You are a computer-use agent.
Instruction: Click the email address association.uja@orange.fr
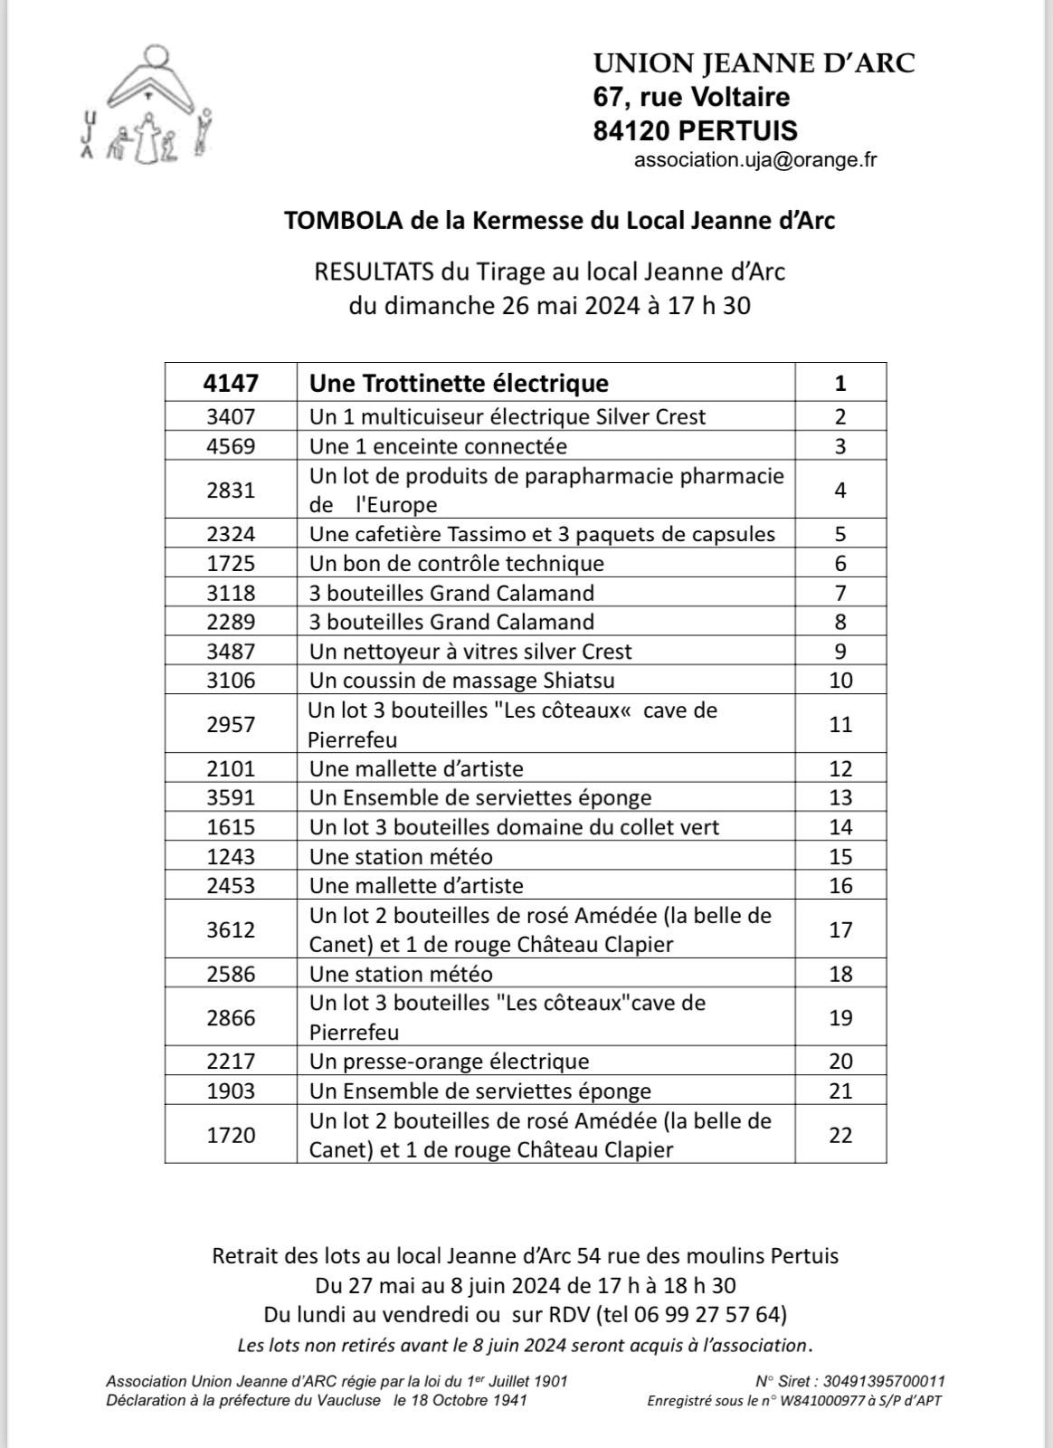click(755, 160)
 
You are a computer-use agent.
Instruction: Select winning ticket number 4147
click(231, 383)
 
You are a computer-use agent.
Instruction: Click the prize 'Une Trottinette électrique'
click(459, 383)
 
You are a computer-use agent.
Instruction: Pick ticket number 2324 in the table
click(231, 534)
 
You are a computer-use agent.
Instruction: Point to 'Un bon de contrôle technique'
click(456, 563)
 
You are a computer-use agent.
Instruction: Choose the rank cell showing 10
click(840, 681)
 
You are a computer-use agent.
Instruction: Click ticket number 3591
click(231, 797)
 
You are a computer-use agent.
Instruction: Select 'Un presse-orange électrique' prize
click(449, 1061)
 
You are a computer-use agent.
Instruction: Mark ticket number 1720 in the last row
click(231, 1135)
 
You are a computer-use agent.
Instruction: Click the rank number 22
click(840, 1135)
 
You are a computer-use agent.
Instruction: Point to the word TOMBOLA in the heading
click(330, 221)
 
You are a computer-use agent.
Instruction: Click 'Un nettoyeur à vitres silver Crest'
click(470, 652)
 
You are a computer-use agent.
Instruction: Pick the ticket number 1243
click(231, 856)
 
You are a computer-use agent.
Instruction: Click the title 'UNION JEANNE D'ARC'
click(754, 63)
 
